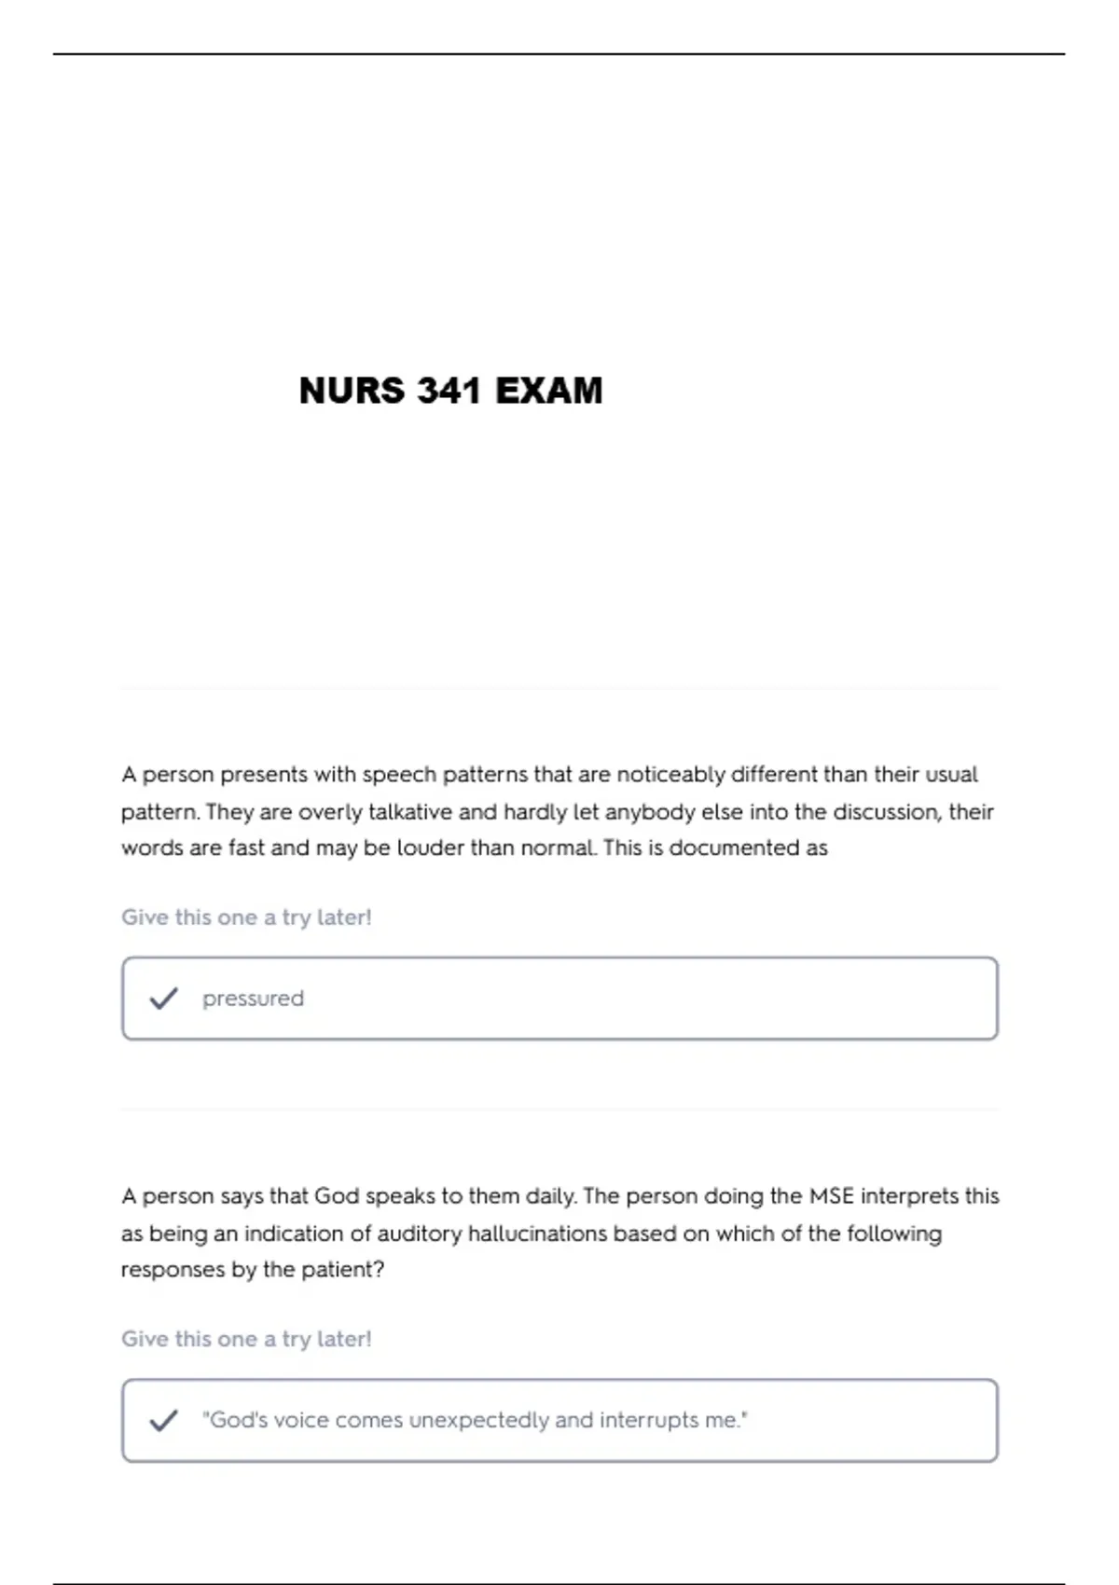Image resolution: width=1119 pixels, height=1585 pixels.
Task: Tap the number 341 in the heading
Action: point(449,391)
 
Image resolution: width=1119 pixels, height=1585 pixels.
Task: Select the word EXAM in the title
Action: point(548,391)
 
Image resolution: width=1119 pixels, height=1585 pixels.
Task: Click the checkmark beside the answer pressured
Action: point(163,999)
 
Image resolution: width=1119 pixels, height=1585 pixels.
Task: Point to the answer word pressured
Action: point(253,999)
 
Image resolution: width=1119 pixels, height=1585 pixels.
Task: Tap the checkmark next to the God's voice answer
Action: point(163,1420)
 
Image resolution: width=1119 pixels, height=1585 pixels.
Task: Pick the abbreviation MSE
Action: point(831,1196)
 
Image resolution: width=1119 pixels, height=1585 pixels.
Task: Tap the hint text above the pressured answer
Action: point(246,917)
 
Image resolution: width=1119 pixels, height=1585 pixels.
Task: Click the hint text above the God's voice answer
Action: point(246,1339)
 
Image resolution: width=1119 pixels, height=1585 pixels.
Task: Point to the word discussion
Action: point(886,812)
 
